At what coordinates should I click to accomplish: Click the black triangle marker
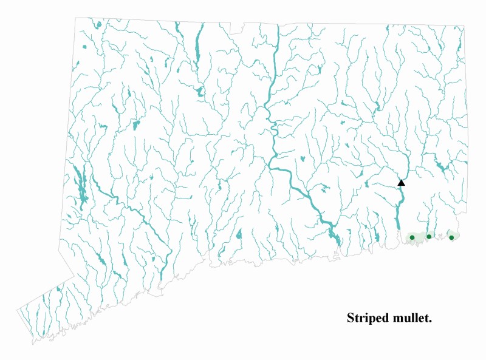(401, 182)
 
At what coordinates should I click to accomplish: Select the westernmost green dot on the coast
(412, 237)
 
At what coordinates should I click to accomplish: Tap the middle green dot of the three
(429, 237)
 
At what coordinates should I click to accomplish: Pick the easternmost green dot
(451, 237)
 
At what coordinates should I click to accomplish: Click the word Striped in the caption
(365, 318)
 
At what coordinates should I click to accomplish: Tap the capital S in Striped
(351, 318)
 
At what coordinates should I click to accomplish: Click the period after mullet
(430, 321)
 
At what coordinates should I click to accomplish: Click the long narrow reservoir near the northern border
(197, 46)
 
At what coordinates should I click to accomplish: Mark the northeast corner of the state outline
(464, 25)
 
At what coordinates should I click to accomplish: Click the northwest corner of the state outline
(75, 18)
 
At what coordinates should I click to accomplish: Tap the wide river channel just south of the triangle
(398, 209)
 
